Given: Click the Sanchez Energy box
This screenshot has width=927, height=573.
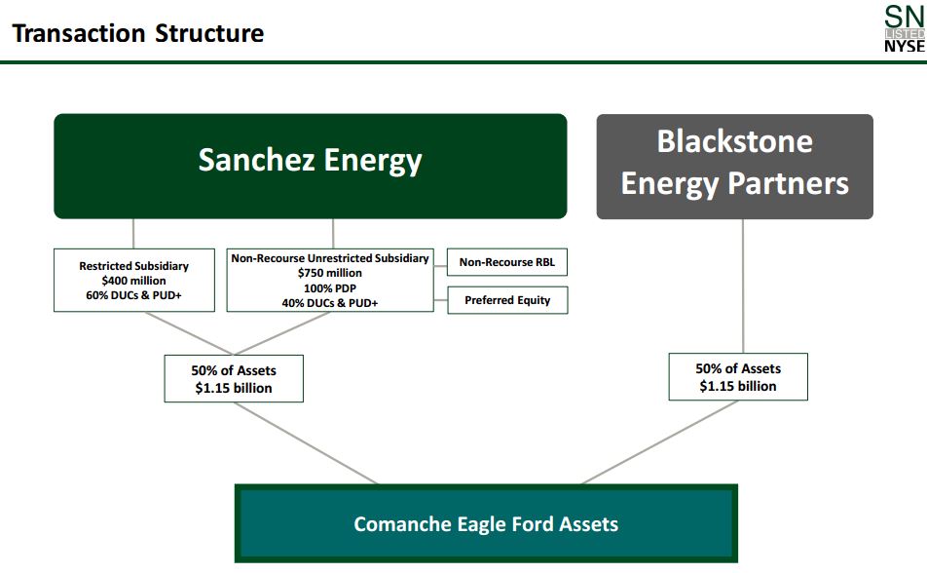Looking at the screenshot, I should pos(310,166).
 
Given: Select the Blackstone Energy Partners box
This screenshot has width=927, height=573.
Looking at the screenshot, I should pos(734,166).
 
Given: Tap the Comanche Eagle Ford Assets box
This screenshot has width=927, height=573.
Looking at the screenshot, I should pos(486,524).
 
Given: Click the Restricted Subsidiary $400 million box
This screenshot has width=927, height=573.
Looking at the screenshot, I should pos(133,281).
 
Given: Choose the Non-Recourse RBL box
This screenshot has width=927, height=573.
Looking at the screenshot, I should pos(507,262).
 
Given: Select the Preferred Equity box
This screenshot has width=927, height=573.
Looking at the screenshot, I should pos(507,300).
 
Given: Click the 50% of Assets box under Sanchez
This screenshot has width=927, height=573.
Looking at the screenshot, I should pos(234,379).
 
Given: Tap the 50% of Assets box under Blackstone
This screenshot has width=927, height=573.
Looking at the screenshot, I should pos(738,377).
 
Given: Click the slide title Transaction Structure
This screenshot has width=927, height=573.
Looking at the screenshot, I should pos(137,33).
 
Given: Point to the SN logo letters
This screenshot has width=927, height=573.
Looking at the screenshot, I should pos(903,16).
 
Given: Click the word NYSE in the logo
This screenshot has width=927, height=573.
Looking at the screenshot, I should pos(904,47).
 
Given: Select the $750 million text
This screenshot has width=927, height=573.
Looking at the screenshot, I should pos(329,274).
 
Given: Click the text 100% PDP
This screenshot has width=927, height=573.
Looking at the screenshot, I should pos(329,288).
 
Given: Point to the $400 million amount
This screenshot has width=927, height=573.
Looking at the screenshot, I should pos(133,281).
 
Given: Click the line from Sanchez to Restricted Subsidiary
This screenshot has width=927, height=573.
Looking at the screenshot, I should pos(133,234).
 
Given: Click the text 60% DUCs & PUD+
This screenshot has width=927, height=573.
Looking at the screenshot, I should pos(133,295).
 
